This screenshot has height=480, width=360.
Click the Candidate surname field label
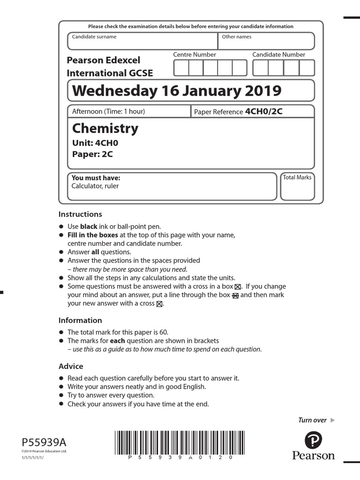point(94,37)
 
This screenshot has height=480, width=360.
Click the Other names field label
point(236,37)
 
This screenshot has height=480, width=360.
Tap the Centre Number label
point(195,55)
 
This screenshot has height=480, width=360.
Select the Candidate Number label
point(278,55)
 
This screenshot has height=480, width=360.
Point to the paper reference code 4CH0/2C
point(264,112)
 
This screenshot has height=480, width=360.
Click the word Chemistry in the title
point(105,128)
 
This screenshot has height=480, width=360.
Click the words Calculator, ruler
point(95,186)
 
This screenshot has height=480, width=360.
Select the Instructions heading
point(80,214)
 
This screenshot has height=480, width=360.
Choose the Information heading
point(80,321)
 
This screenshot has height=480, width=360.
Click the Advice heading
point(71,366)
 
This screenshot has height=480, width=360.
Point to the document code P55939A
point(44,442)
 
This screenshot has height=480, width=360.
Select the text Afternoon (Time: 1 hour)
point(108,112)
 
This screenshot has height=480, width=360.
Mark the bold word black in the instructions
point(89,226)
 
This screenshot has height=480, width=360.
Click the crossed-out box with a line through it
point(235,295)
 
